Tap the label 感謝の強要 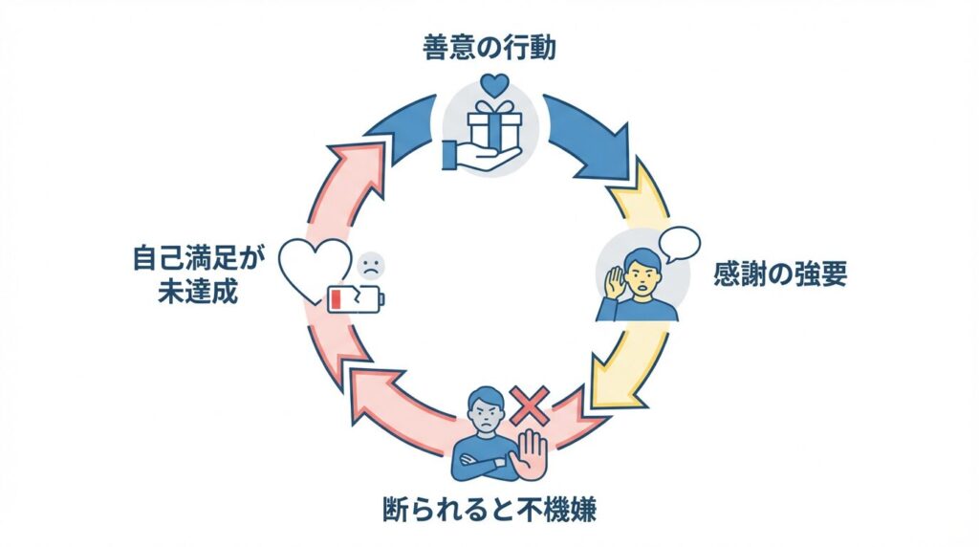pos(780,275)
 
